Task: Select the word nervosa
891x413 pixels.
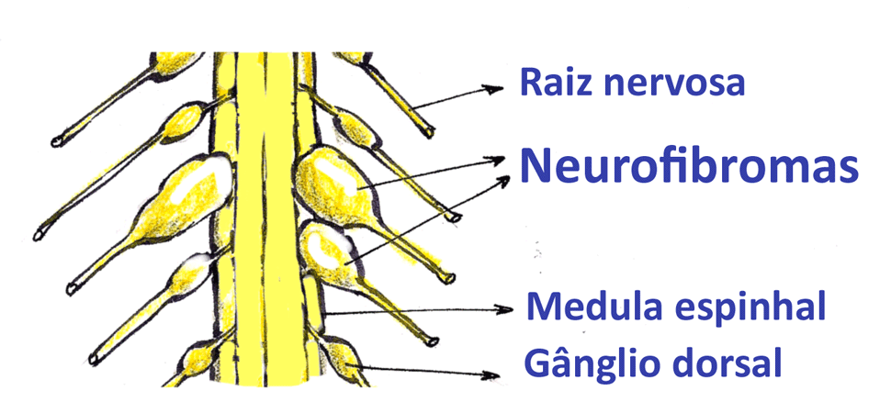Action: (x=675, y=84)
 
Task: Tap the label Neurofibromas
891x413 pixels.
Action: (x=689, y=166)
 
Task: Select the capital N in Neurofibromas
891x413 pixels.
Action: (x=536, y=166)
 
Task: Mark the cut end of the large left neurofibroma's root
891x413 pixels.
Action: (x=39, y=236)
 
